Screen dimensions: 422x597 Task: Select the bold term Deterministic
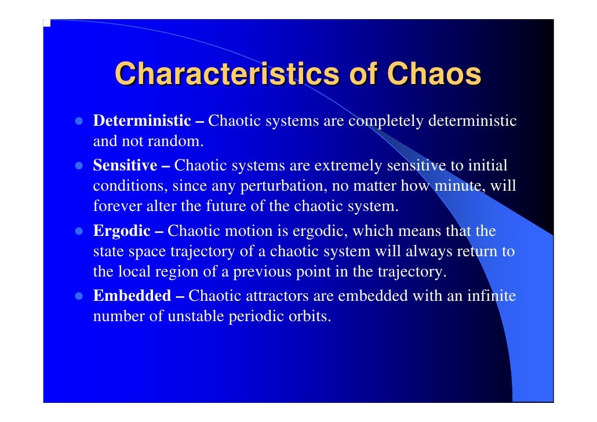click(x=142, y=121)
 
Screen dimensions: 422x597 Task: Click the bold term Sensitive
click(x=125, y=166)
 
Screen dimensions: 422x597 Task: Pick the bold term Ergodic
click(x=122, y=231)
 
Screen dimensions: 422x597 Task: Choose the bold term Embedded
click(x=132, y=296)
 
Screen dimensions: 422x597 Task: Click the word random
click(x=177, y=141)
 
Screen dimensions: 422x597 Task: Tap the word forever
click(x=114, y=206)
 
